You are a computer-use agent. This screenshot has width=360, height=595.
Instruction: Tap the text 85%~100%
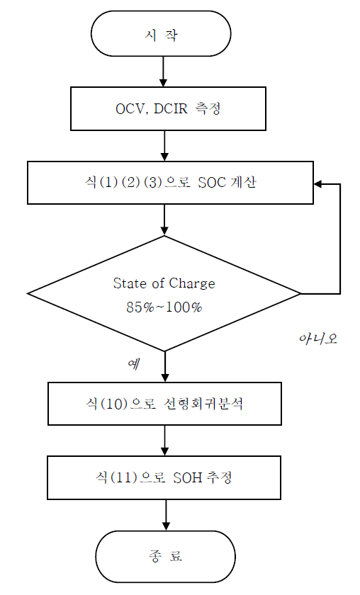click(164, 307)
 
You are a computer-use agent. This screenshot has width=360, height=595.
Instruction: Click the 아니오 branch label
click(318, 338)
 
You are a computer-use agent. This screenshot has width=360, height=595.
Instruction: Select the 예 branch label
click(134, 363)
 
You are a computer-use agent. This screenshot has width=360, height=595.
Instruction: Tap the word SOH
click(188, 477)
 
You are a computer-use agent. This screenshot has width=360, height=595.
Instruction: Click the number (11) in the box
click(123, 477)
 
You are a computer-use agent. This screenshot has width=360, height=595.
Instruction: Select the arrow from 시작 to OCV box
click(163, 72)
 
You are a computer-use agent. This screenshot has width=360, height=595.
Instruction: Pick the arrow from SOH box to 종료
click(166, 515)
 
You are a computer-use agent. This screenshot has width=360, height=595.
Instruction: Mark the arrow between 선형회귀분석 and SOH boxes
click(165, 441)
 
